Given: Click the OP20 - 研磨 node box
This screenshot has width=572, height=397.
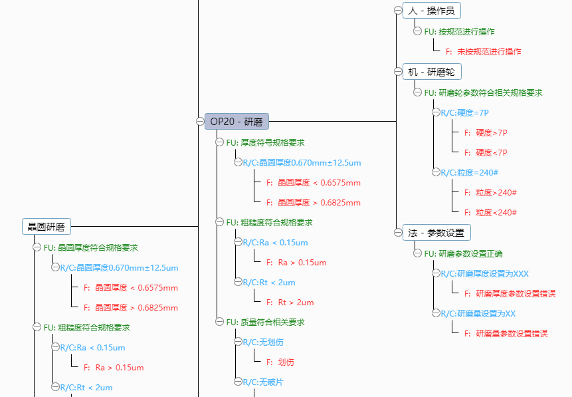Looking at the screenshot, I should point(236,122).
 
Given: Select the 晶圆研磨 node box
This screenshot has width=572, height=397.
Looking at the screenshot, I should point(46,227).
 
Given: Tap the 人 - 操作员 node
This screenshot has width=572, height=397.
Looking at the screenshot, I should point(431,11).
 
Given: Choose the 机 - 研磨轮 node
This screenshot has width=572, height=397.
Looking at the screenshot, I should point(431,72).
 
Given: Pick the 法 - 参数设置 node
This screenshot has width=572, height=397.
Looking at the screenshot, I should point(436,233).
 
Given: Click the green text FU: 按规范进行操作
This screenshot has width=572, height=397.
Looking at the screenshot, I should point(459,31).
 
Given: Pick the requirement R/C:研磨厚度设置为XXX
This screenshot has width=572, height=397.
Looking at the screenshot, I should point(484,273).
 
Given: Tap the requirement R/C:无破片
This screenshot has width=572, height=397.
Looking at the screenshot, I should point(263,382).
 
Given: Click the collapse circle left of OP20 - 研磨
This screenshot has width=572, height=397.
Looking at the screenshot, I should point(200,121).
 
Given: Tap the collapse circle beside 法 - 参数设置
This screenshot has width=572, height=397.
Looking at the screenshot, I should point(398,232).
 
